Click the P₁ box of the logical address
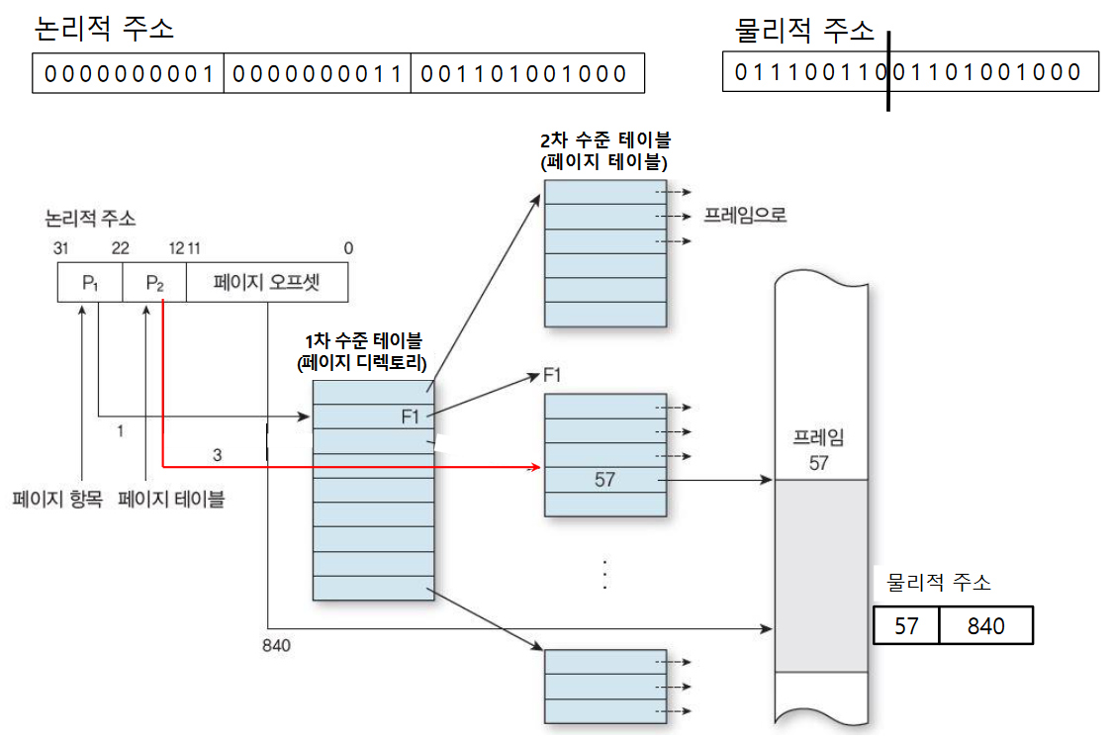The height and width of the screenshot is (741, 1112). pyautogui.click(x=90, y=284)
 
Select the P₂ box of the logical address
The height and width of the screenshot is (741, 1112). pyautogui.click(x=154, y=284)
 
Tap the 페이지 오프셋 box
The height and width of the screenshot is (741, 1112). pyautogui.click(x=267, y=284)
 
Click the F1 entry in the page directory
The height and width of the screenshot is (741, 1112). pyautogui.click(x=411, y=417)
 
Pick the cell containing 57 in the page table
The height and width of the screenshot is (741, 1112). pyautogui.click(x=604, y=480)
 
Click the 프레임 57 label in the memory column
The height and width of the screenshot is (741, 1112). pyautogui.click(x=818, y=450)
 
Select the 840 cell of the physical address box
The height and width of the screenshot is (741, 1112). pyautogui.click(x=985, y=626)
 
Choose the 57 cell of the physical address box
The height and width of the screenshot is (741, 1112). pyautogui.click(x=906, y=626)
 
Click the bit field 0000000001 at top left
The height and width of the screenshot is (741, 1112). pyautogui.click(x=129, y=74)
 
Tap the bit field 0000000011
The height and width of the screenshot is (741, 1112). pyautogui.click(x=317, y=74)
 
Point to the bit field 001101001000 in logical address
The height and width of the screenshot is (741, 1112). pyautogui.click(x=525, y=74)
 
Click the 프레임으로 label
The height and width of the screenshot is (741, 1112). pyautogui.click(x=745, y=215)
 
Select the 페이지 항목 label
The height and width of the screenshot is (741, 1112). pyautogui.click(x=57, y=499)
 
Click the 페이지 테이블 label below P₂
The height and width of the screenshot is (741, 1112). pyautogui.click(x=171, y=499)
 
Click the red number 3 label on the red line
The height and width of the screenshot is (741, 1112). pyautogui.click(x=217, y=454)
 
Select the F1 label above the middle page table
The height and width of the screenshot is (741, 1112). pyautogui.click(x=552, y=375)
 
